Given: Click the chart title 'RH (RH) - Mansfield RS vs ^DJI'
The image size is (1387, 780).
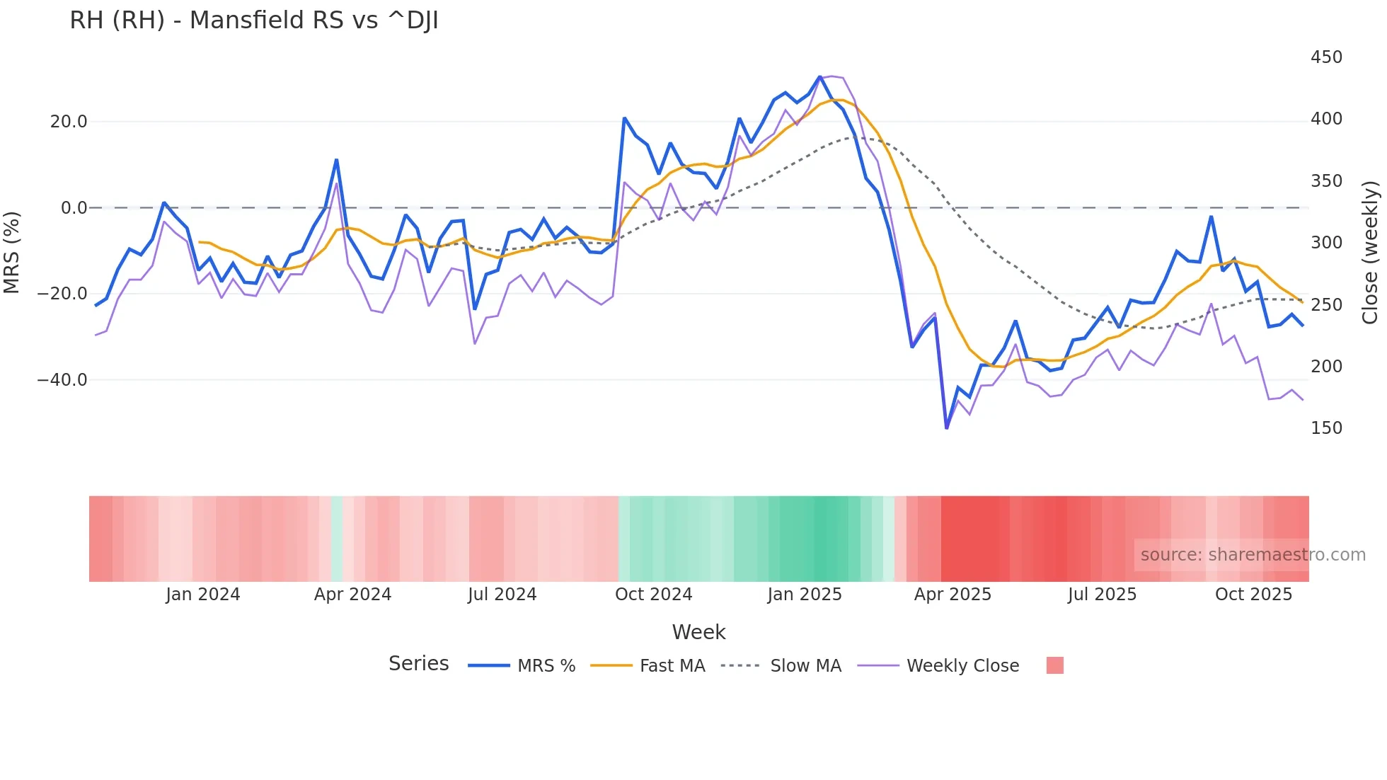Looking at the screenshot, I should [254, 21].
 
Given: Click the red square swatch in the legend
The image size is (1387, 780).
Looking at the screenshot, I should [1054, 665].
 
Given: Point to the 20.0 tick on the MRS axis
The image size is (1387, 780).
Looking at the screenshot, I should [69, 122].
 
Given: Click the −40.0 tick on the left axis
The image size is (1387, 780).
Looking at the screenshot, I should [62, 380].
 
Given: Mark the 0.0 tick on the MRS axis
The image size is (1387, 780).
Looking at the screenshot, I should [74, 208].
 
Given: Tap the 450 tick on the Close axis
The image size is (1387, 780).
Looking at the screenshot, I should [1326, 57].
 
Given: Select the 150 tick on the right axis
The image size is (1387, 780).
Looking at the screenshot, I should [1326, 428].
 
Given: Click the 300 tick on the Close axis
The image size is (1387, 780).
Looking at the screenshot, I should [1326, 243].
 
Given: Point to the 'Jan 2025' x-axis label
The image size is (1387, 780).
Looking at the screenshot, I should [805, 595].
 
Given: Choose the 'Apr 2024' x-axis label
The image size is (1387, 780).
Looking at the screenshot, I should [352, 595].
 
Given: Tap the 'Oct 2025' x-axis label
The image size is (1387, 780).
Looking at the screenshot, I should [1253, 595].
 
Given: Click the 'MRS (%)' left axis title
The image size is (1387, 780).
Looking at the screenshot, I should [12, 252].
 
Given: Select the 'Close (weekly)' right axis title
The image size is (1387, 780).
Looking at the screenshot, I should [1371, 252].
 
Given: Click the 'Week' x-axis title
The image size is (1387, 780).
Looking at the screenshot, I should [698, 632].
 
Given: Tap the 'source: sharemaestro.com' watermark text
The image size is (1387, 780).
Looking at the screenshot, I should [1253, 555].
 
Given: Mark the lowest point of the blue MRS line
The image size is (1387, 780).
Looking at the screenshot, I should [947, 428].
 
